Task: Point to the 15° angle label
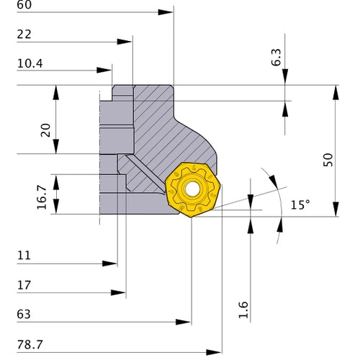pyautogui.click(x=300, y=204)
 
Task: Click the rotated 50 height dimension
pyautogui.click(x=328, y=159)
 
